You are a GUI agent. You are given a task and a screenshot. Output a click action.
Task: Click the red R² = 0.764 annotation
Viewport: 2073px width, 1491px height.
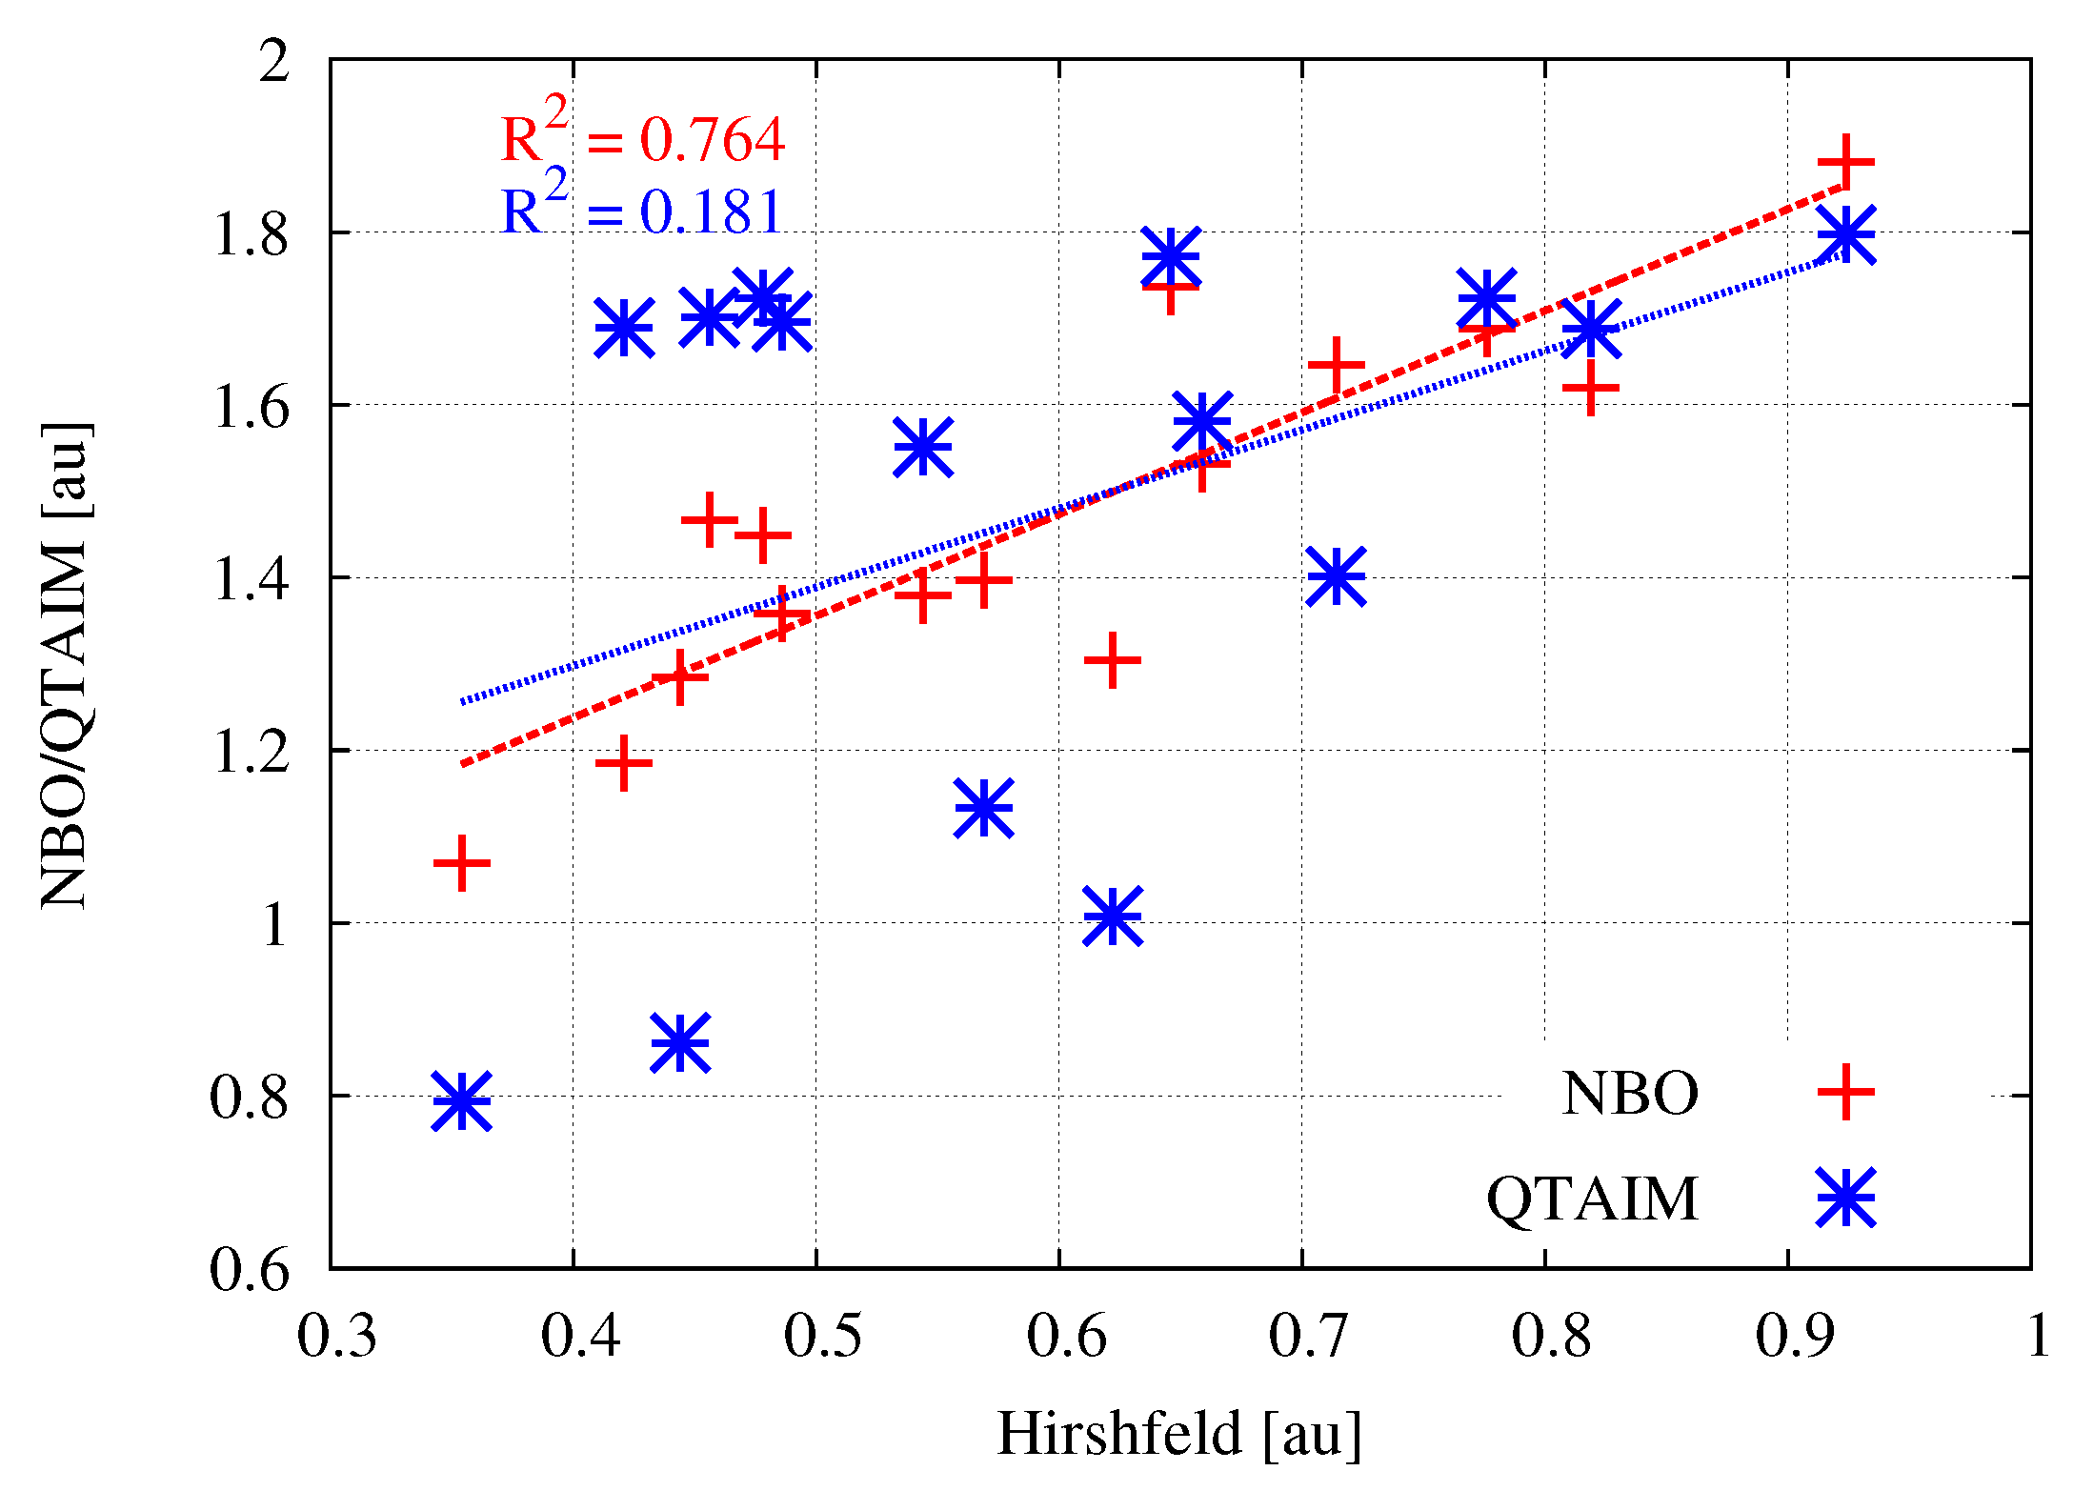[643, 139]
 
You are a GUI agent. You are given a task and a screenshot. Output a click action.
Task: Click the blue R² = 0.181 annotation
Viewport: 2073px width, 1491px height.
[643, 211]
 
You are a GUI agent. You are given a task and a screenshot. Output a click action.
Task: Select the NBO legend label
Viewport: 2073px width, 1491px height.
[1630, 1093]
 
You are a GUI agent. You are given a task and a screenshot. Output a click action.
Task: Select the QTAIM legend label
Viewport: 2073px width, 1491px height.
[1592, 1198]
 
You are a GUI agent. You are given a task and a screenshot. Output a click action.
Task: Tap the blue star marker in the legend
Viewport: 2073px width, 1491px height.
[1845, 1198]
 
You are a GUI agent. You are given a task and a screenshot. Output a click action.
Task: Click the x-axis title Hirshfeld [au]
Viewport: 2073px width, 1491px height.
[1178, 1433]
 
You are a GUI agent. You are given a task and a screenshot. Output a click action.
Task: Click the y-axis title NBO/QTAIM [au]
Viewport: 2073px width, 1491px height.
[65, 665]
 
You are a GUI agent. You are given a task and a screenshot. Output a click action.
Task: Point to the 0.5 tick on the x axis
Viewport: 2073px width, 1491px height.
[816, 1267]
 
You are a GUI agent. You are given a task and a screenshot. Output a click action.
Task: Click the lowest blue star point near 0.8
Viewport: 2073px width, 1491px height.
[462, 1100]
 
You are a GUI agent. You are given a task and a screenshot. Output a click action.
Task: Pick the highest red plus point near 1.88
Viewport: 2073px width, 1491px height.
[1846, 162]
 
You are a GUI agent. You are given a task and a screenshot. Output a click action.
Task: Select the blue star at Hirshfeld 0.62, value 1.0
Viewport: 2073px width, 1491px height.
[1112, 916]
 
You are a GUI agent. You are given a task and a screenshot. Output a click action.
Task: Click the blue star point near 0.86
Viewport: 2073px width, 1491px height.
[680, 1042]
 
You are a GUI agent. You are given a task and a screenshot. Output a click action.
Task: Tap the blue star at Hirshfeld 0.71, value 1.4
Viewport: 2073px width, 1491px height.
[1336, 575]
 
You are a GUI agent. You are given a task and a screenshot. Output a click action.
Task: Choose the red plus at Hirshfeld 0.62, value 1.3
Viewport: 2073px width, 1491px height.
[1112, 660]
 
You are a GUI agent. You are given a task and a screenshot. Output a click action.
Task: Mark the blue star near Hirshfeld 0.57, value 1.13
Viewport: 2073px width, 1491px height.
[983, 808]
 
